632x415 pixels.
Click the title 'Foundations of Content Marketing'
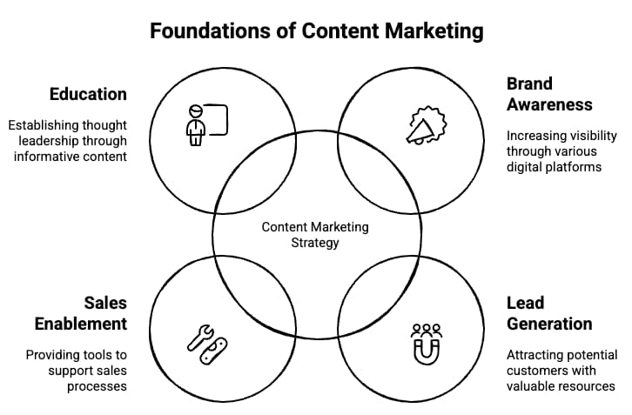(x=316, y=31)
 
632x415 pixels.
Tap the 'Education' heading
(x=88, y=94)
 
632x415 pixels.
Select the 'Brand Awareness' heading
(x=548, y=94)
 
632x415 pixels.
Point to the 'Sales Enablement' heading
(x=81, y=313)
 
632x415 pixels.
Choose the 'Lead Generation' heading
(x=548, y=313)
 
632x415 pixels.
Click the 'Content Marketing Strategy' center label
(x=315, y=235)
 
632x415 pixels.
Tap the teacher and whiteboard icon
(x=206, y=124)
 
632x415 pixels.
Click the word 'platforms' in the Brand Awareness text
(x=569, y=166)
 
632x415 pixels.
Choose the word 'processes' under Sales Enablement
(x=97, y=386)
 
